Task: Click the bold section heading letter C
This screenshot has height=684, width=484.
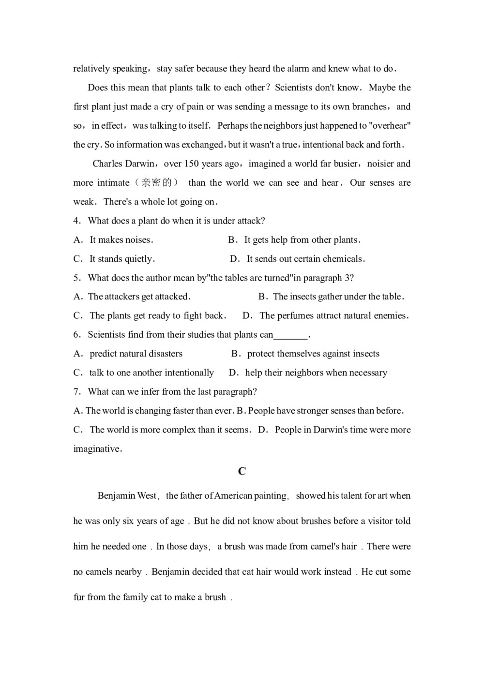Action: pyautogui.click(x=242, y=471)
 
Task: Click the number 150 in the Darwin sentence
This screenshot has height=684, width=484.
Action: pyautogui.click(x=191, y=164)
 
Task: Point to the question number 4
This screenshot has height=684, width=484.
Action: pyautogui.click(x=77, y=221)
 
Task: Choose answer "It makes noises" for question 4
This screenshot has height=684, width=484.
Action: pyautogui.click(x=121, y=240)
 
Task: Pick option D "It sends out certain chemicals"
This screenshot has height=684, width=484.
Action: pyautogui.click(x=305, y=259)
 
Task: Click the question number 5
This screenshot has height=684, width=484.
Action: pyautogui.click(x=77, y=278)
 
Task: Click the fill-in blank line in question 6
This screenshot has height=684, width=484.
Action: pyautogui.click(x=291, y=335)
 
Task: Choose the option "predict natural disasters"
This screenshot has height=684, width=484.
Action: pyautogui.click(x=136, y=354)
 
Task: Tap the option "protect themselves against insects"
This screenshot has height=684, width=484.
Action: pyautogui.click(x=313, y=354)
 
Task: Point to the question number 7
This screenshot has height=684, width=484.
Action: pyautogui.click(x=77, y=392)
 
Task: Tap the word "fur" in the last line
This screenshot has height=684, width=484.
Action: pyautogui.click(x=79, y=597)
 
